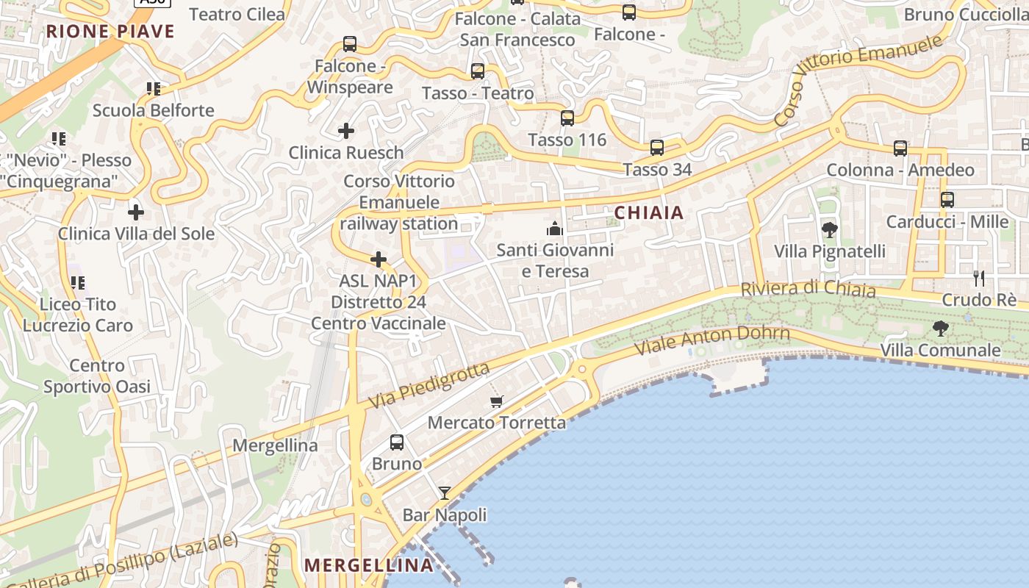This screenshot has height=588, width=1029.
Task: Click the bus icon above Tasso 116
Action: click(x=567, y=118)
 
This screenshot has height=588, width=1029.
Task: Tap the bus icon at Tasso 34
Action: click(x=657, y=148)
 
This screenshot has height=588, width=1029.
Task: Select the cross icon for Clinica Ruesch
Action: click(x=345, y=131)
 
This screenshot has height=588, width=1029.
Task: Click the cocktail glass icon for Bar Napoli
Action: click(x=445, y=493)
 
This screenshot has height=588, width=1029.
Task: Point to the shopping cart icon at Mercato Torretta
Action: click(x=497, y=401)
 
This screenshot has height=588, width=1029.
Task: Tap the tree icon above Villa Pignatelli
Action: click(x=829, y=230)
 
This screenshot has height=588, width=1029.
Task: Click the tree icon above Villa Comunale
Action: click(x=940, y=329)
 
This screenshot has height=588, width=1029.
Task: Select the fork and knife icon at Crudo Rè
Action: click(x=978, y=278)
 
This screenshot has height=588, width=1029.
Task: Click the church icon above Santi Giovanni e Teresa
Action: click(x=555, y=229)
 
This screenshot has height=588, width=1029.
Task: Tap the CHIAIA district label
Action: click(x=648, y=213)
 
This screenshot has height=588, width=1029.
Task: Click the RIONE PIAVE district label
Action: click(x=110, y=32)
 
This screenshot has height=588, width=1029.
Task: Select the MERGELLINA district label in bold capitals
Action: click(x=368, y=565)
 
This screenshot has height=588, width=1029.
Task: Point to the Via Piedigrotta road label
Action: click(x=429, y=386)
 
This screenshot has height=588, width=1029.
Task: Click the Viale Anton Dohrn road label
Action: click(x=711, y=340)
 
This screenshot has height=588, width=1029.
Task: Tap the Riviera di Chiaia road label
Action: click(x=808, y=289)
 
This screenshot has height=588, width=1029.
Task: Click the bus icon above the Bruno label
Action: click(x=397, y=442)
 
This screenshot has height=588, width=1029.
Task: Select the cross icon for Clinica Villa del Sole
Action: click(x=135, y=212)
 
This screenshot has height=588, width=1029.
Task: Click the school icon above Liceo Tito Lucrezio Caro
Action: click(x=78, y=283)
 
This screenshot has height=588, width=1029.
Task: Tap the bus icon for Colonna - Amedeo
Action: click(x=900, y=148)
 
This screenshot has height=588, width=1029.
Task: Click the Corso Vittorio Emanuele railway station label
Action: click(x=399, y=202)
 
